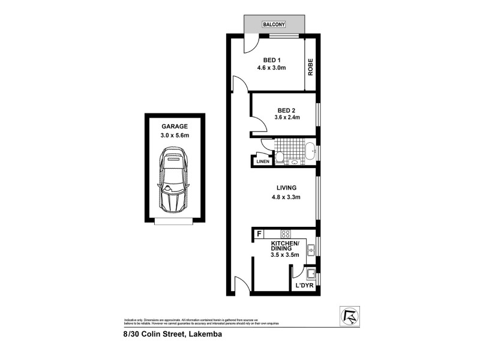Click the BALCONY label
274,25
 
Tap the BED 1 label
272,59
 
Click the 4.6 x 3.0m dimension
272,68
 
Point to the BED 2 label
286,110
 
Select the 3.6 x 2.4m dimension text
286,118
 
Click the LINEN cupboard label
263,161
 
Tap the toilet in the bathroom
280,158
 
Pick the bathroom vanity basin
295,161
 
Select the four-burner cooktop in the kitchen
286,234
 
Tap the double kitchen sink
311,248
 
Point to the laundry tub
311,275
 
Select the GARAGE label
174,127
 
